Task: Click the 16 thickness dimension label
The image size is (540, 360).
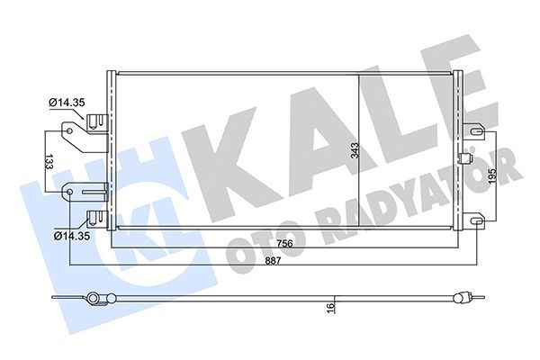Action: point(331,310)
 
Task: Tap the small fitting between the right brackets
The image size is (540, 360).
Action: point(466,160)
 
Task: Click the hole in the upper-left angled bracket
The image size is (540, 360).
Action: point(69,131)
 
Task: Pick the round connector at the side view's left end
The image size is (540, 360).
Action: point(94,298)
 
